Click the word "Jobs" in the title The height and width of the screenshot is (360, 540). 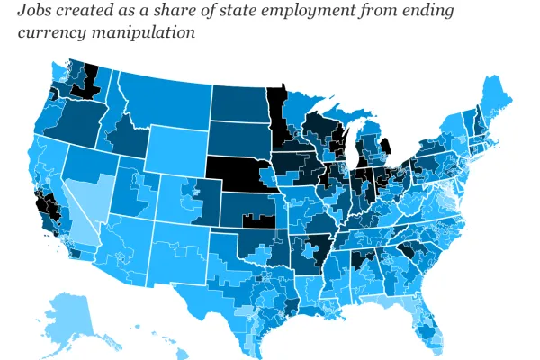coord(37,12)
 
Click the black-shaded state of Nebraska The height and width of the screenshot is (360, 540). coord(236,171)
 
